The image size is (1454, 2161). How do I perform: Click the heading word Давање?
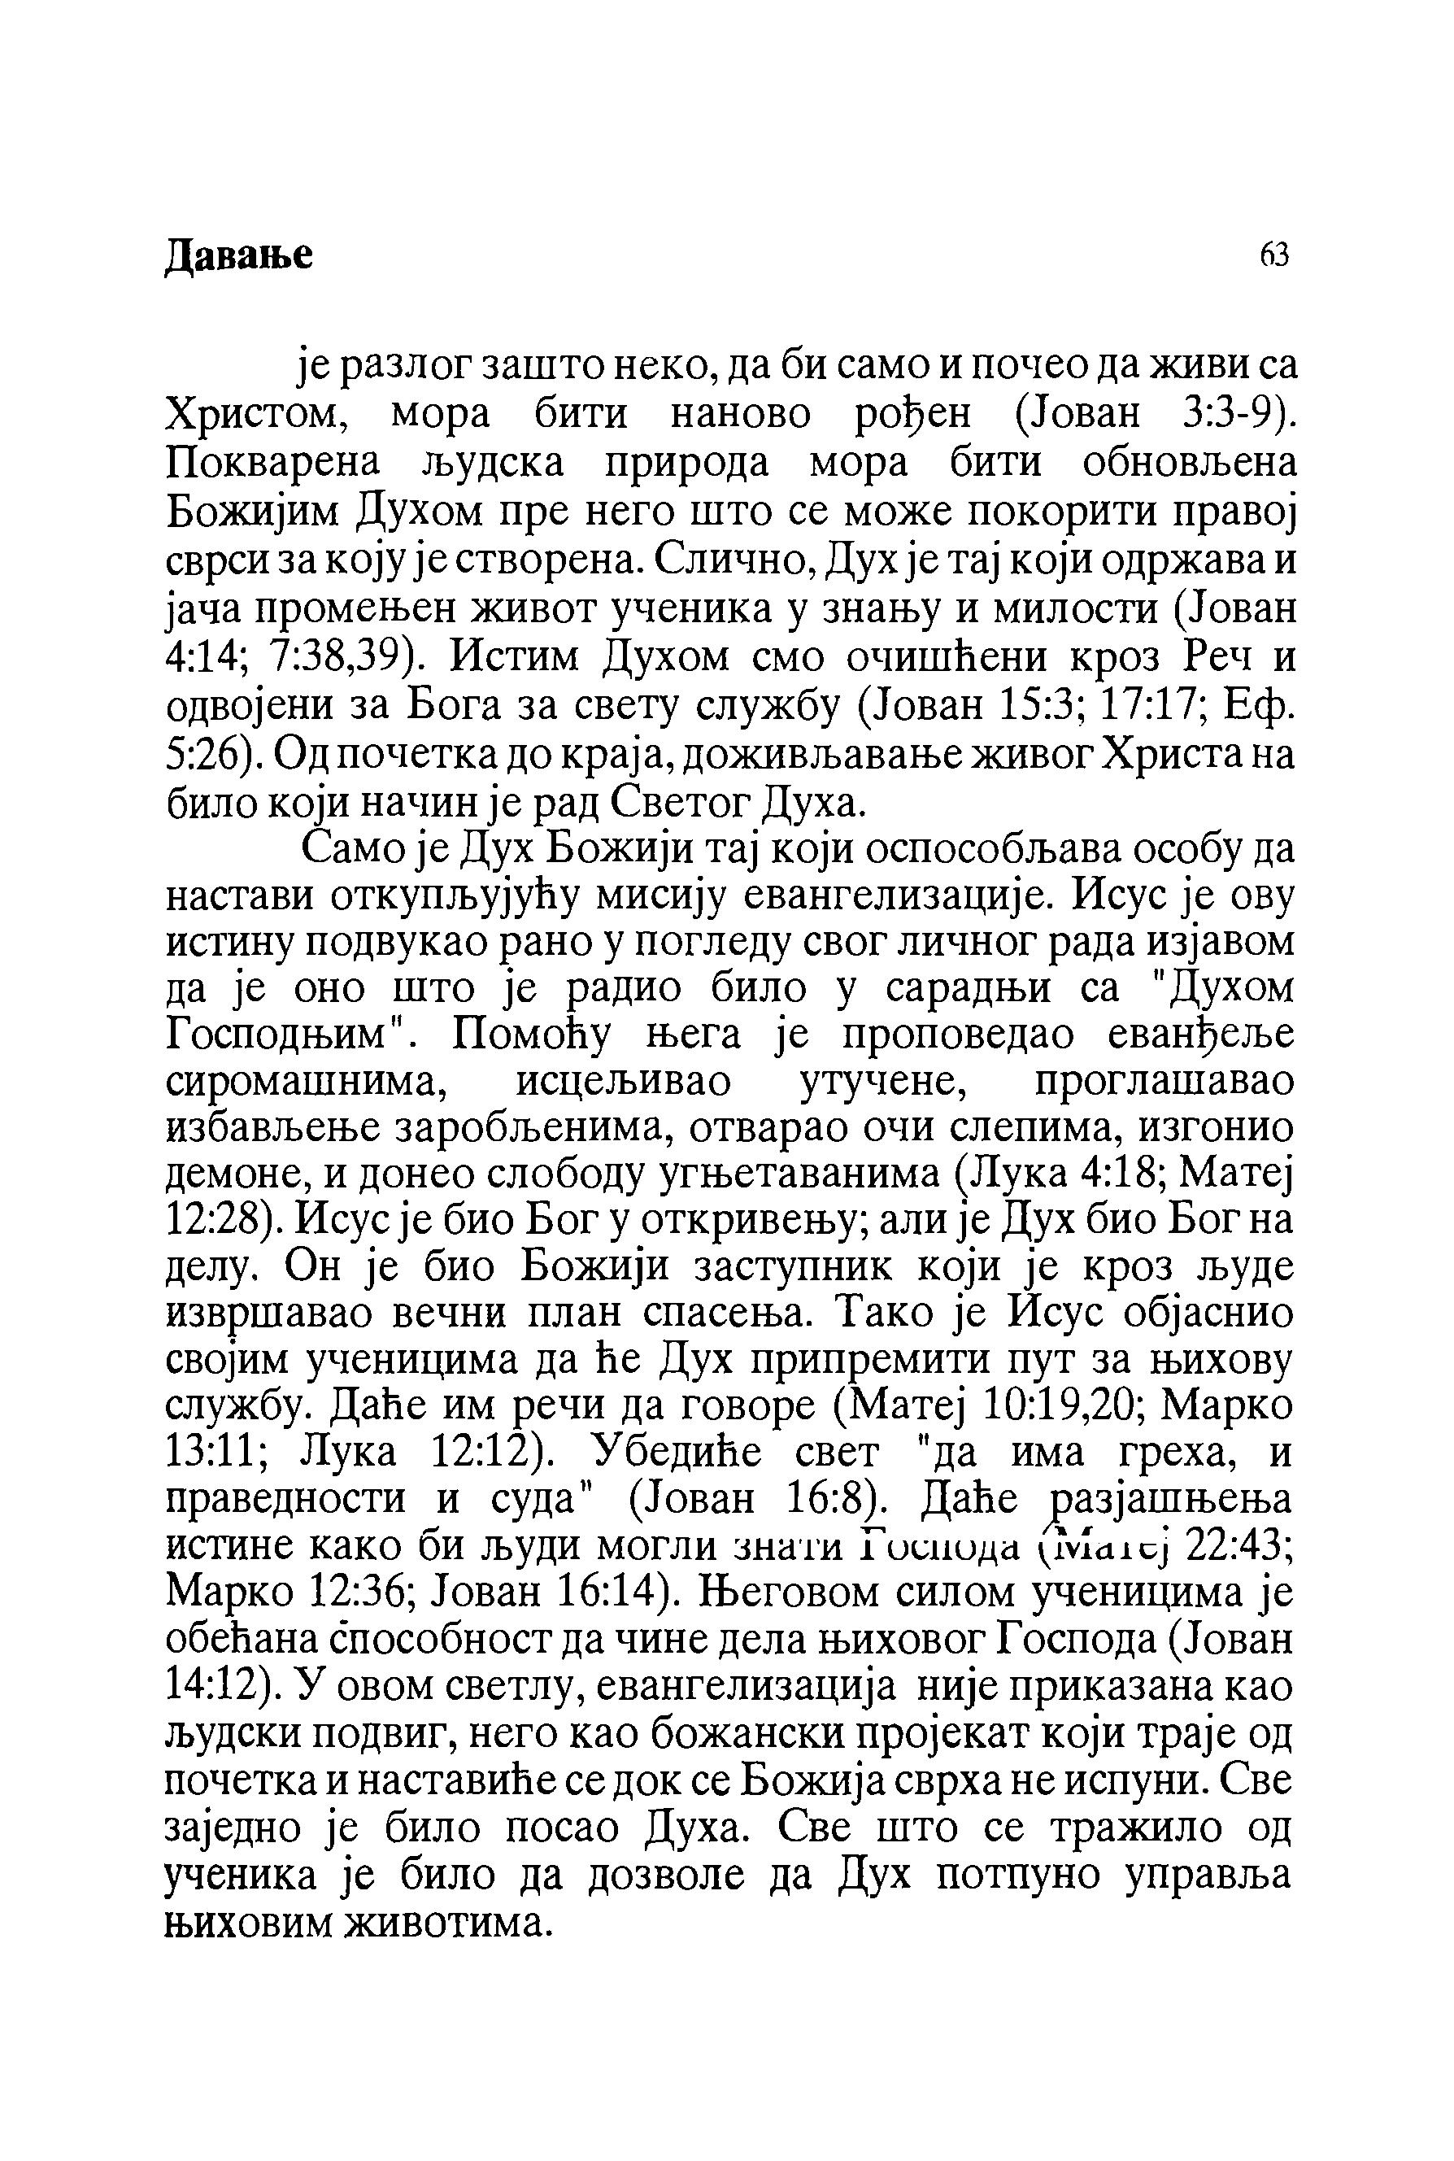238,256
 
